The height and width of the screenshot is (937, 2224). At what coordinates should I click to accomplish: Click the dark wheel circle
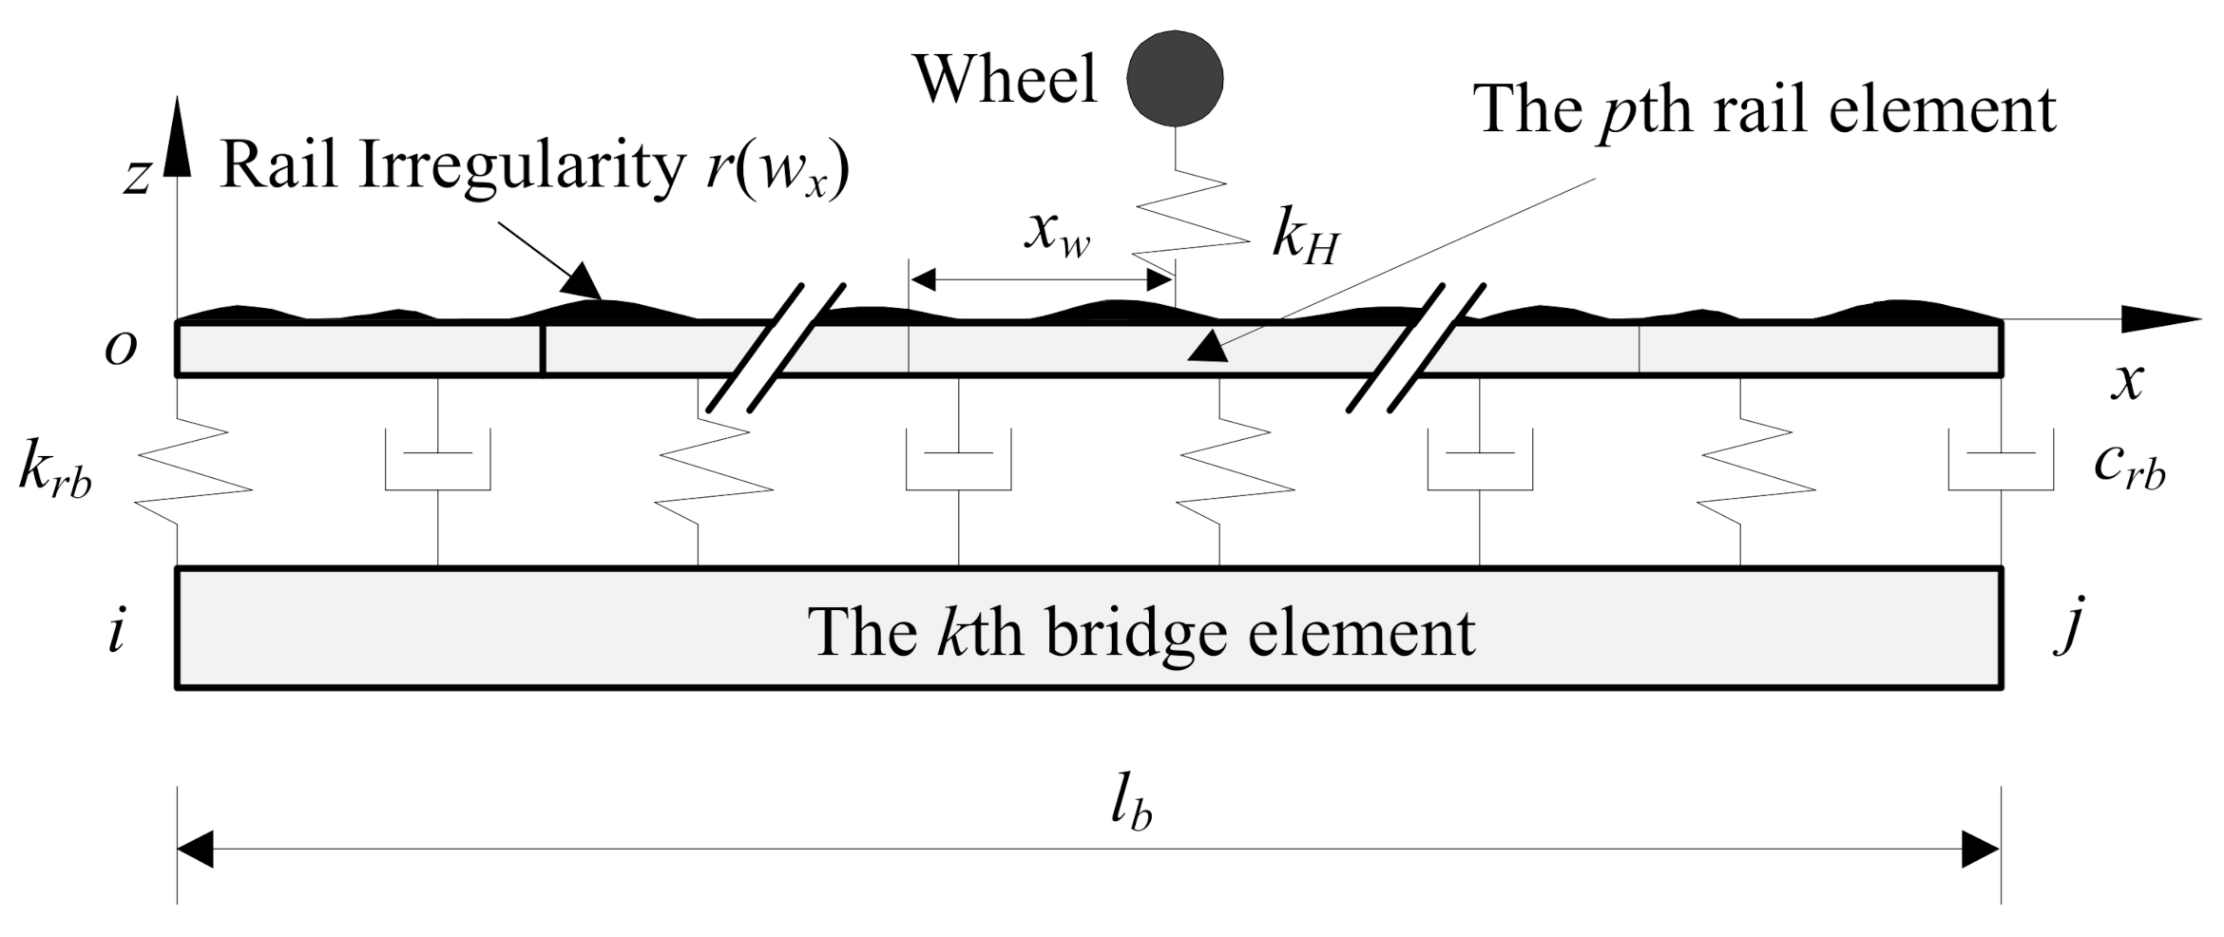coord(1175,79)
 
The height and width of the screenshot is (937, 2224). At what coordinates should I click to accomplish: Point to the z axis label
coord(137,177)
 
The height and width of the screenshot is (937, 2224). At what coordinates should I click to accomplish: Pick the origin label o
coord(121,349)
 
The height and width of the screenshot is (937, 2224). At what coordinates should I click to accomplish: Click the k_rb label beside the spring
coord(55,470)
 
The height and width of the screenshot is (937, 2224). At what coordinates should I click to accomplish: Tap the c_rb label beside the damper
coord(2129,467)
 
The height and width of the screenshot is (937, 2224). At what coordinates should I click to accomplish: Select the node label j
coord(2070,628)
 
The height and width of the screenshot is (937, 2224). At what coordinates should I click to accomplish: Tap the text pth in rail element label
coord(1645,111)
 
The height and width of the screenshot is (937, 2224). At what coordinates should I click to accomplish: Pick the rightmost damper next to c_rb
coord(2001,461)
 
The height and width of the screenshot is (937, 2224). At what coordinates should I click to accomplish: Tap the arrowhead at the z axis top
coord(177,138)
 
